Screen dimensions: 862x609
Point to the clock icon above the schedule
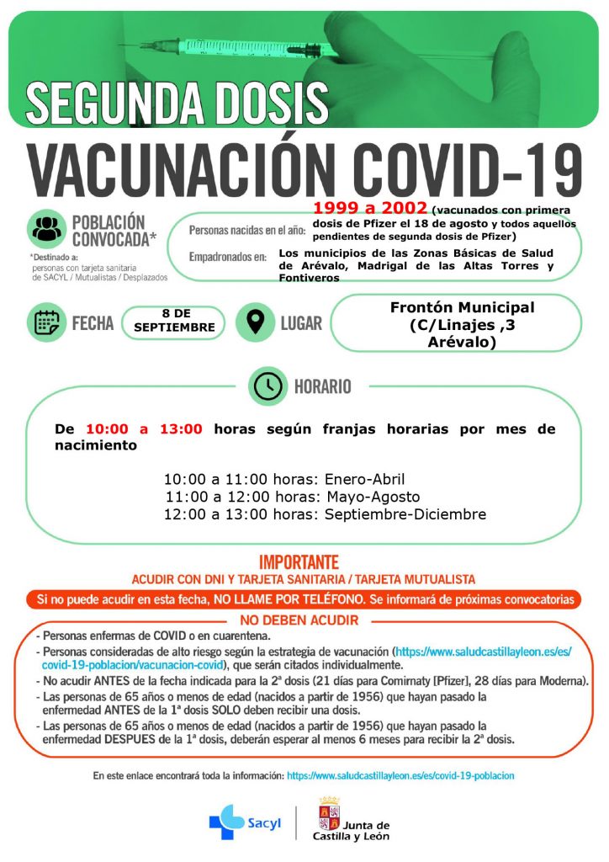point(268,386)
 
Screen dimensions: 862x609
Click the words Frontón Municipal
point(462,307)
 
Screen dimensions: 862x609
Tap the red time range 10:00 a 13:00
point(144,429)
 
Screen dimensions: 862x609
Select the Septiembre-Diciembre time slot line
point(325,514)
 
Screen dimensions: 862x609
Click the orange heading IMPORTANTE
point(299,561)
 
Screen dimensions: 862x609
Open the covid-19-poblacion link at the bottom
point(400,775)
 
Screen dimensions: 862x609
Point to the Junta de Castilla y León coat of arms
point(328,817)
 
